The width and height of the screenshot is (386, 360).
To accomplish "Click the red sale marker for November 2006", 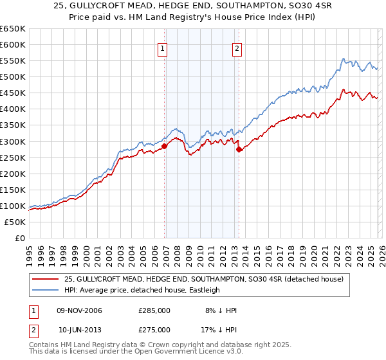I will [164, 146].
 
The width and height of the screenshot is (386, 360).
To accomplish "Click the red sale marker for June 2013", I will [239, 149].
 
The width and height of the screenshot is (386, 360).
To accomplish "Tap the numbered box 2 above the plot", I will [237, 48].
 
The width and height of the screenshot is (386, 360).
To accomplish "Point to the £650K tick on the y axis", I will [13, 29].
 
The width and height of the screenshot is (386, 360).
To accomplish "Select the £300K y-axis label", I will [13, 141].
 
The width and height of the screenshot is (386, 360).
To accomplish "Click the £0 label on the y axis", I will [19, 238].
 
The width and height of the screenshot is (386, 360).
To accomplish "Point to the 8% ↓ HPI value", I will [221, 310].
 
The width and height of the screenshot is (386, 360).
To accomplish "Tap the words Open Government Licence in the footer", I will [173, 352].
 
